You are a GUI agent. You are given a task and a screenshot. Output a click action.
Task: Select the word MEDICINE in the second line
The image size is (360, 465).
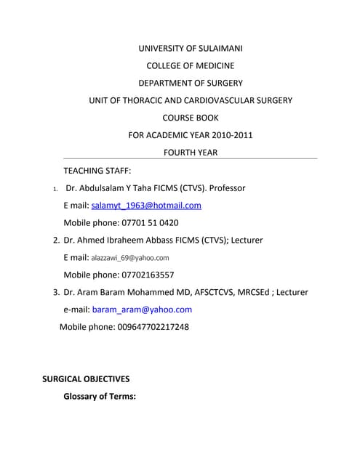click(212, 66)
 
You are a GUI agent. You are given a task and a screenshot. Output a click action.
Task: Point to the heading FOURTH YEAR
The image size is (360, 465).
click(191, 153)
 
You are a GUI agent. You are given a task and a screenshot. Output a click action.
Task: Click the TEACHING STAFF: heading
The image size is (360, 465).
click(97, 171)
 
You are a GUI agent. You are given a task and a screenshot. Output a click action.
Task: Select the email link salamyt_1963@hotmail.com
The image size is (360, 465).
click(146, 206)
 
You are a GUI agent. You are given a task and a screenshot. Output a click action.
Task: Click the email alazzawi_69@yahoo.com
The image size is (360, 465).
click(129, 258)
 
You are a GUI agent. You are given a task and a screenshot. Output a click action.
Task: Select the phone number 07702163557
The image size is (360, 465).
click(146, 275)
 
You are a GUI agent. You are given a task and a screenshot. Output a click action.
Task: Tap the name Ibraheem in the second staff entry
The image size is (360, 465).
click(131, 240)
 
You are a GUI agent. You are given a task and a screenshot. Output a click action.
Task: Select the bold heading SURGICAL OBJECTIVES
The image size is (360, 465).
click(86, 379)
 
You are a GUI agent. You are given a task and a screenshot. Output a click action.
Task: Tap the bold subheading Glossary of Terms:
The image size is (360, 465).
click(100, 397)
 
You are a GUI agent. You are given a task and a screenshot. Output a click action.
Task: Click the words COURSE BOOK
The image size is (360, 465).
click(191, 118)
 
